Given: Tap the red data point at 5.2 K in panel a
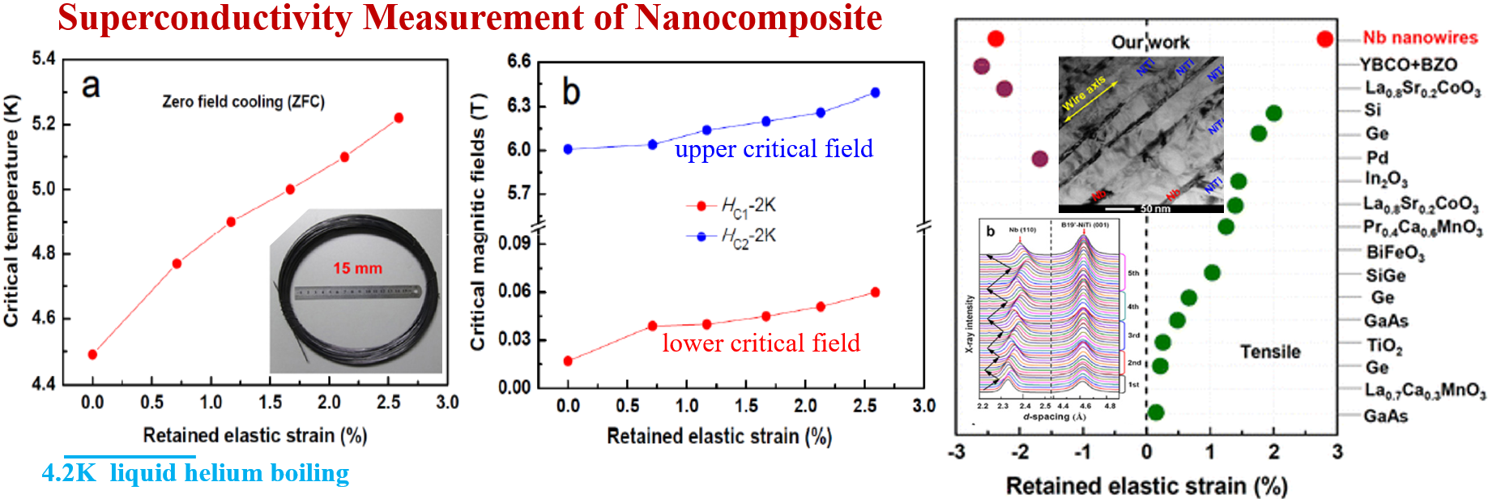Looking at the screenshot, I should [399, 118].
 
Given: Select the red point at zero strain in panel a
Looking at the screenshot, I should [92, 354].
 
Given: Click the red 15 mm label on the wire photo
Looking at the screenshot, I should [357, 268].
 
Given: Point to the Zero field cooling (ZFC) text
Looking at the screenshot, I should [243, 102].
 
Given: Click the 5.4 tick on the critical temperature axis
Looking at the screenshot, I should [44, 58].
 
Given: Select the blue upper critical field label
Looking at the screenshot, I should [774, 149].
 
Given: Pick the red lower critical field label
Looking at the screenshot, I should [761, 343].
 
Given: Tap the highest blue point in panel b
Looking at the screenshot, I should [875, 92].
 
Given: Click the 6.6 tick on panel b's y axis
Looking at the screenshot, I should [518, 62].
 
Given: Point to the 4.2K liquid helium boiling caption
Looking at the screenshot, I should [195, 473].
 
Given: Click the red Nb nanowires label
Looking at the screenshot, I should [1420, 38].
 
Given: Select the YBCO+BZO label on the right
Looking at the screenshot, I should [1408, 65].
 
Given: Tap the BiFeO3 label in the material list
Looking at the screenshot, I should [1395, 253].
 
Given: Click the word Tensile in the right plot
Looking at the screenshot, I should [1270, 352].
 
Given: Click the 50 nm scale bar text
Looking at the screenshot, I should [1155, 209].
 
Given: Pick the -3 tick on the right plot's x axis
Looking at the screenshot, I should [957, 452].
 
